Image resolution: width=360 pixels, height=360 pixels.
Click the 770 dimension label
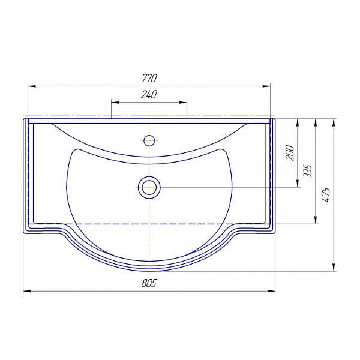coord(149,78)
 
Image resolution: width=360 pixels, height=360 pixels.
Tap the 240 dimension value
coord(149,94)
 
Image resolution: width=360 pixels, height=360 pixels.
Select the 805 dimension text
coord(149,283)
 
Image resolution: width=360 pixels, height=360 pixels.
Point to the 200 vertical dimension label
coord(290,152)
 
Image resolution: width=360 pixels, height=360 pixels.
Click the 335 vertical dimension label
coord(308,171)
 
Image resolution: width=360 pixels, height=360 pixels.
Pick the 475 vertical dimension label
coord(326,194)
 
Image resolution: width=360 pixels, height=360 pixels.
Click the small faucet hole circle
coord(149,140)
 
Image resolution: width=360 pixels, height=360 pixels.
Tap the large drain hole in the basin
coord(149,188)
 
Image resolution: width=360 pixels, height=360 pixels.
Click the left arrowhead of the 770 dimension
coord(32,86)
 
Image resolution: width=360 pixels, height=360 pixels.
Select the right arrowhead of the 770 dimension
coord(266,86)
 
